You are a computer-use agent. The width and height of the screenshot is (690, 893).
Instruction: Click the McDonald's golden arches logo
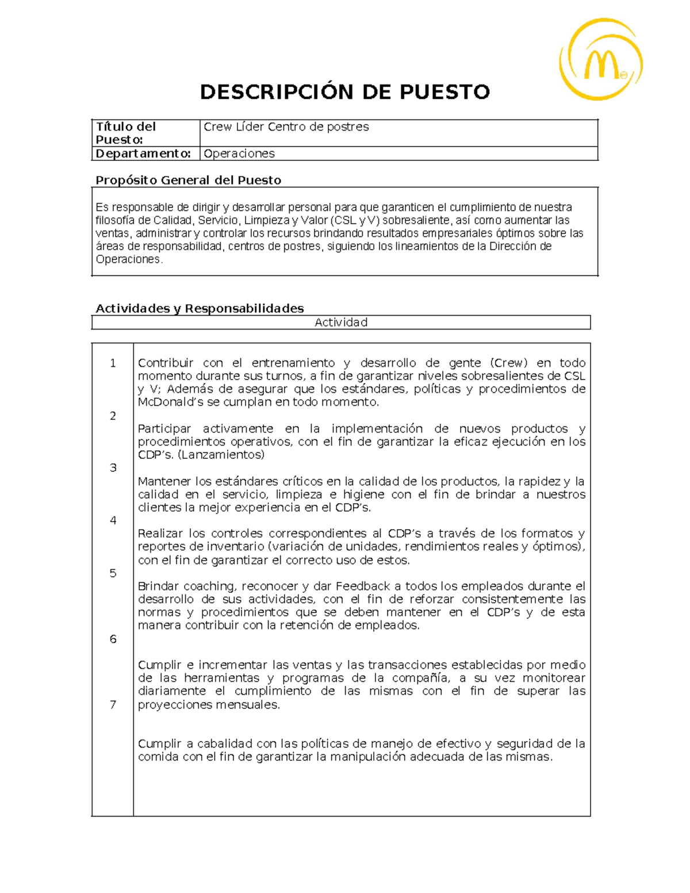tap(601, 60)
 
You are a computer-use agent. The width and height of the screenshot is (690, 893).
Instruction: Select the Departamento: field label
tap(143, 154)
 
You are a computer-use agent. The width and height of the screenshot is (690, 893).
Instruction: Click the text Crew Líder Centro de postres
tap(286, 127)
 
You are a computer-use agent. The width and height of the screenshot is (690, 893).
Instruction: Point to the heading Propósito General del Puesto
tap(188, 180)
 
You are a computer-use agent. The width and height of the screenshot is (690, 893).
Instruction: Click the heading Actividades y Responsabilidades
tap(200, 308)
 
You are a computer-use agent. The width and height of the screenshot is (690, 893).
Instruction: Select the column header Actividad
tap(340, 322)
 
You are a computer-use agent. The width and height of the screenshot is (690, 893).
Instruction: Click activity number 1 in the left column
tap(113, 363)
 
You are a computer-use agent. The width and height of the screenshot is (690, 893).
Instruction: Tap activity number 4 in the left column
tap(113, 520)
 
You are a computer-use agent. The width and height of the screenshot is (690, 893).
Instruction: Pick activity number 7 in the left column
tap(113, 704)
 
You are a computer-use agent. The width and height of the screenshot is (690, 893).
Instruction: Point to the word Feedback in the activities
tap(363, 586)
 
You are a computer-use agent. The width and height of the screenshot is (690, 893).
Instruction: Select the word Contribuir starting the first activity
tap(166, 363)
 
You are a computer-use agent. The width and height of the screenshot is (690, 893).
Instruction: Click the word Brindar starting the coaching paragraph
tap(158, 586)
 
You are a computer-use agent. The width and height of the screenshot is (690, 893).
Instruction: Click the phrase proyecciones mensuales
tap(208, 704)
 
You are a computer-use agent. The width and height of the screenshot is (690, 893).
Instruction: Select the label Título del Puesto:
tap(126, 133)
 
